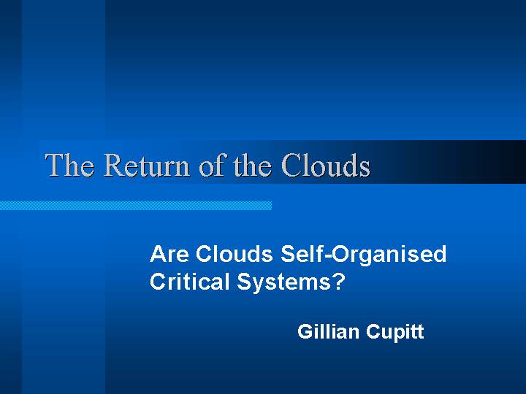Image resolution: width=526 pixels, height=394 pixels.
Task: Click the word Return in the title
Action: pos(147,165)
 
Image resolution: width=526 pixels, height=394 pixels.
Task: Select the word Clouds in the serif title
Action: pos(326,164)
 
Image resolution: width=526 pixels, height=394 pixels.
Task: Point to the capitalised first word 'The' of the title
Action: pos(69,164)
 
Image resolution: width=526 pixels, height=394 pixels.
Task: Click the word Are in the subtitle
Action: pos(169,254)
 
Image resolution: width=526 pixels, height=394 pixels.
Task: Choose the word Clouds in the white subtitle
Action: pos(235,254)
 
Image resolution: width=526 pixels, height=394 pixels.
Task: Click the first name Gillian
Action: pos(328,331)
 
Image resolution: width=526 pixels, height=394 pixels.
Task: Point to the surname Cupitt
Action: pos(394,333)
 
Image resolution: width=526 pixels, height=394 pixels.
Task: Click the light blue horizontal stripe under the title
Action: pos(136,205)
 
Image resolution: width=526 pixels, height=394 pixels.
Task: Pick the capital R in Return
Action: pos(115,165)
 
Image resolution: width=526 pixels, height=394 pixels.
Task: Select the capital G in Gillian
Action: pos(305,331)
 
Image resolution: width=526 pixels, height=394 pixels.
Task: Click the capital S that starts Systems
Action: pos(244,282)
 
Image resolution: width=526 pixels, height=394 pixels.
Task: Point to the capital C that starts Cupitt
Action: pos(373,331)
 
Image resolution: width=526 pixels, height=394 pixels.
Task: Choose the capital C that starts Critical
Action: pos(158,281)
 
